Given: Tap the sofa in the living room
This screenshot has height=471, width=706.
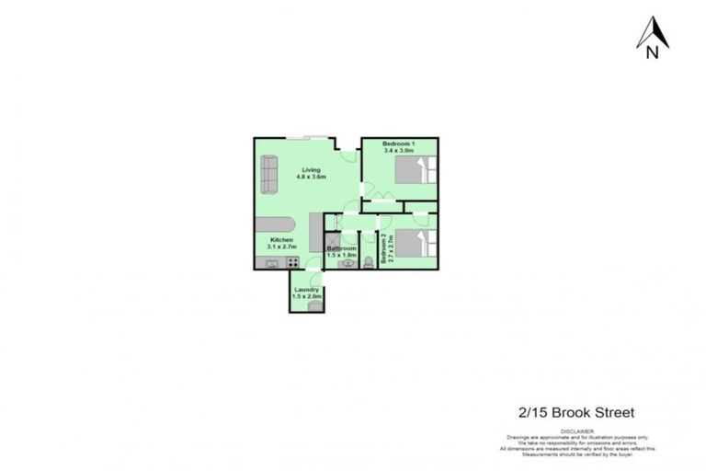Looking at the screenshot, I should coord(269,174).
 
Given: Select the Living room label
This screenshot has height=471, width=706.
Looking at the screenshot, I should coord(312,169).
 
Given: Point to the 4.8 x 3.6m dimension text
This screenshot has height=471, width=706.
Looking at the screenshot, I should coord(312,177).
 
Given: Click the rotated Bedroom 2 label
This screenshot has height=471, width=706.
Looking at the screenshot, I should coord(391,248).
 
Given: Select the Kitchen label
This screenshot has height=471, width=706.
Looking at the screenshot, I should coord(281,240).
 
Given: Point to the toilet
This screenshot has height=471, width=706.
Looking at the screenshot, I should coord(368,264).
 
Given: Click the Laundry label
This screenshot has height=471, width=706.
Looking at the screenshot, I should coord(306,290).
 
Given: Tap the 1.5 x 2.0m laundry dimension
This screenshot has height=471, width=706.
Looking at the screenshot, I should coord(306,297).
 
